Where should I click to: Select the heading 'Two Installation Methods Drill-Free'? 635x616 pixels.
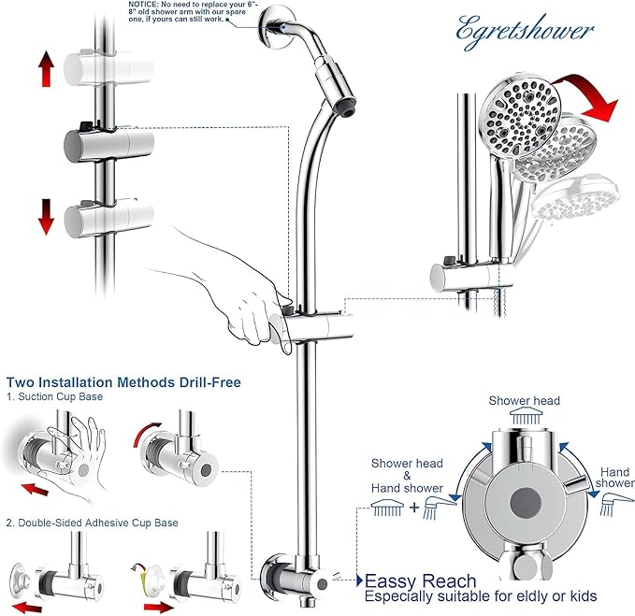coord(123,382)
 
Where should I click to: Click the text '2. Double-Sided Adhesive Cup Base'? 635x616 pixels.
coord(92,523)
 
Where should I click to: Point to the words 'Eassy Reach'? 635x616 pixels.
coord(420,581)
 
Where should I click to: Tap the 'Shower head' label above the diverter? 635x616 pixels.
coord(524,401)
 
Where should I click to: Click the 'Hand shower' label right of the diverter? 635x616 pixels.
coord(614,480)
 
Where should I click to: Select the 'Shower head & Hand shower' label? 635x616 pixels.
coord(407,475)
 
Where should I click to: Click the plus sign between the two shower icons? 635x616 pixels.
coord(414,509)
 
